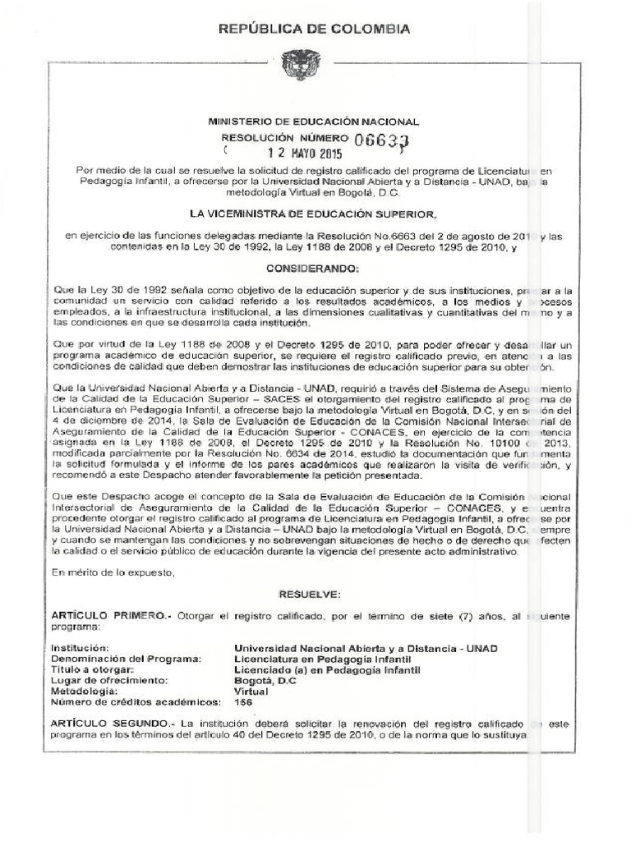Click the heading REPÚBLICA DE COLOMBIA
[312, 30]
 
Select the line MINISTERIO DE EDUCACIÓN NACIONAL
[314, 122]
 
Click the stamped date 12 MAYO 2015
[283, 154]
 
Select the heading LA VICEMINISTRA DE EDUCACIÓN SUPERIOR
[313, 214]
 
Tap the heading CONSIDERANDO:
[313, 269]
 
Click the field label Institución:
[79, 648]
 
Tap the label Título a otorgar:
[91, 669]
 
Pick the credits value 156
[244, 702]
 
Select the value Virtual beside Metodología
[251, 691]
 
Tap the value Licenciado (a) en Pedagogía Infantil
[326, 669]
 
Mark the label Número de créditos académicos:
[136, 702]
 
